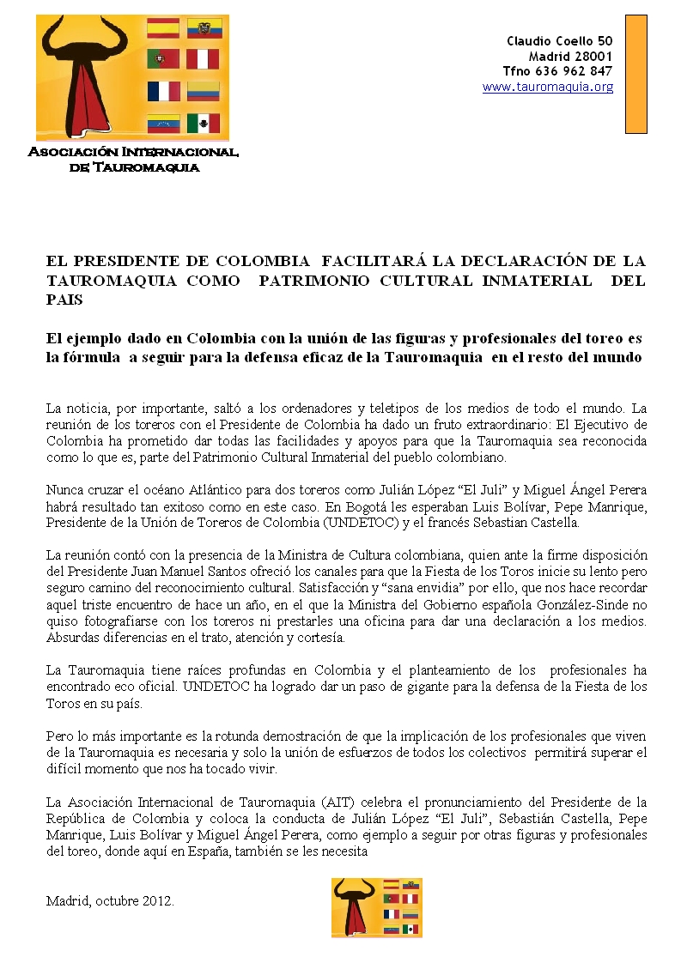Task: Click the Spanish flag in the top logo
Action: (x=163, y=27)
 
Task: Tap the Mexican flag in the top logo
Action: (x=204, y=123)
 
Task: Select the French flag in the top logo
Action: (x=163, y=91)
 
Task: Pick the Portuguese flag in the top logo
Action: (x=163, y=59)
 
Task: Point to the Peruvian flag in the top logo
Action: (x=204, y=59)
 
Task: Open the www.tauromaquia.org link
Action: (x=548, y=87)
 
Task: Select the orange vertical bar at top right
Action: (x=635, y=74)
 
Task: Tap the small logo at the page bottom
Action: (x=376, y=907)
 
